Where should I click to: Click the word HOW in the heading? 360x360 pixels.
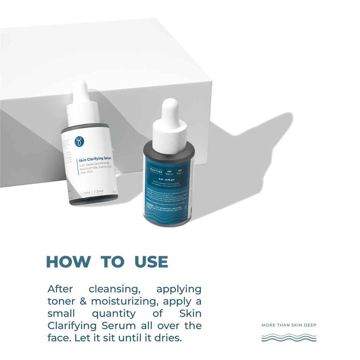pyautogui.click(x=68, y=262)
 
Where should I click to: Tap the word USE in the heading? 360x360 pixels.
pyautogui.click(x=151, y=262)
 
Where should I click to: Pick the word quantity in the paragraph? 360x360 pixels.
pyautogui.click(x=113, y=314)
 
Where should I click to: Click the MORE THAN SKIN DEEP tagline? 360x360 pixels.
pyautogui.click(x=289, y=325)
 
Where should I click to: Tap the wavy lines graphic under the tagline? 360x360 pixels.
pyautogui.click(x=289, y=337)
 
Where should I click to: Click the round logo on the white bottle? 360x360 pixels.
pyautogui.click(x=79, y=141)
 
